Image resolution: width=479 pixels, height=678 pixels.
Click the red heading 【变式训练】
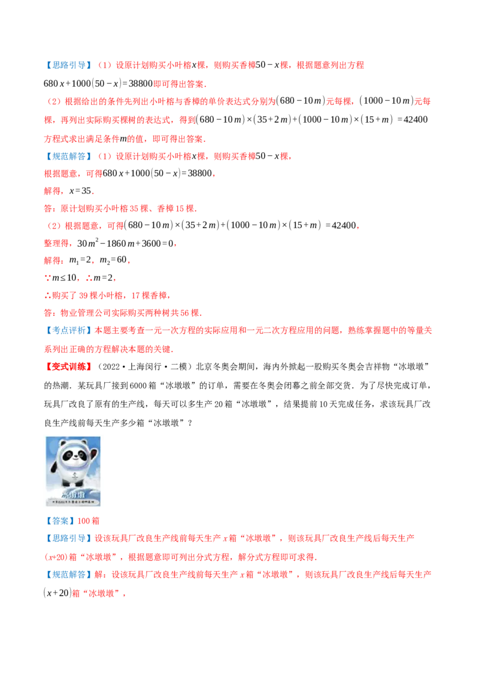[x=69, y=367]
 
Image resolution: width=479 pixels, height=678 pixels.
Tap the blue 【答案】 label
[x=60, y=520]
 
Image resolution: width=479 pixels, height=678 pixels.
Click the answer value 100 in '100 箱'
[x=83, y=520]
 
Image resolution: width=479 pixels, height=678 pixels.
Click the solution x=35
[x=80, y=190]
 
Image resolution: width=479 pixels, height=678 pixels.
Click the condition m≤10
[x=64, y=277]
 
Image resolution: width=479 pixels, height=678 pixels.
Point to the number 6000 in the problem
[x=138, y=385]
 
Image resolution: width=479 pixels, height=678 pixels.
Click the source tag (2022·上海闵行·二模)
[x=144, y=367]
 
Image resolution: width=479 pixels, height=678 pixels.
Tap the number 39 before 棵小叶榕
[x=83, y=295]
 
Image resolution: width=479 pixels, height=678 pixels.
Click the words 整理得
[x=56, y=243]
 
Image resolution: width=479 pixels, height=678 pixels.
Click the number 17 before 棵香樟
[x=135, y=295]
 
